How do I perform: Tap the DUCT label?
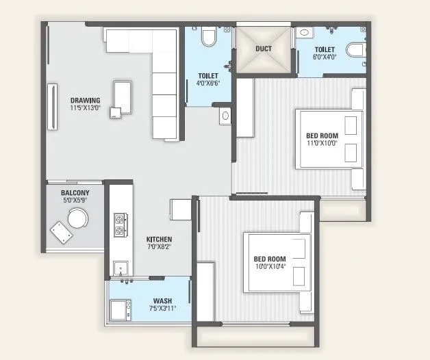coord(264,49)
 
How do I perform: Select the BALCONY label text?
coord(76,194)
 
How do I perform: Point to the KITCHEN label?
coord(158,240)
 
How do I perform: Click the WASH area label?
coord(162,301)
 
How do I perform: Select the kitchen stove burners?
coord(119,224)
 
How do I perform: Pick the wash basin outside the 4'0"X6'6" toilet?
coord(225,116)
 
